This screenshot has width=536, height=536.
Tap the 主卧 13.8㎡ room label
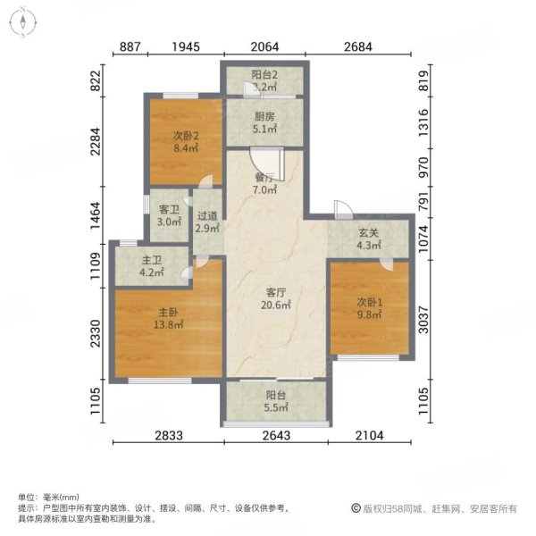166,319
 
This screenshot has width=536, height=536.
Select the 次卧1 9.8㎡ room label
369,306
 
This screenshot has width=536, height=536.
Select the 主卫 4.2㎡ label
150,267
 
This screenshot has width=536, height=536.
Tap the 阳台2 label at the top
264,82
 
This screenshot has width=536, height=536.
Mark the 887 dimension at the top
129,46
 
